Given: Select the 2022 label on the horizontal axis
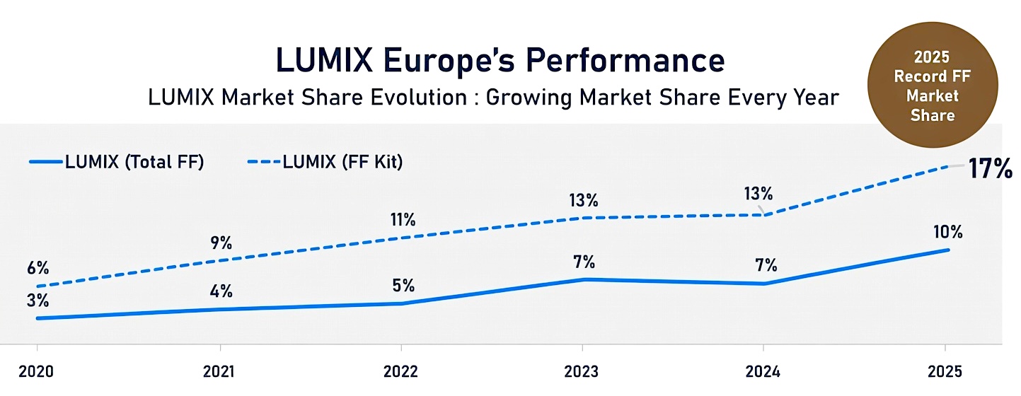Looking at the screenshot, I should click(x=401, y=372).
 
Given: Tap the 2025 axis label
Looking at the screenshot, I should click(x=945, y=372).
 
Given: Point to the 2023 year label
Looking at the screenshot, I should click(x=582, y=372).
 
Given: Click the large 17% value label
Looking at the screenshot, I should click(x=990, y=170).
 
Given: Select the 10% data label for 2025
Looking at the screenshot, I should click(x=947, y=233).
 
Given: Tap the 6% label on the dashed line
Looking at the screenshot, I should click(x=38, y=268).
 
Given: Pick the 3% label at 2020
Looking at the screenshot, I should click(x=38, y=300).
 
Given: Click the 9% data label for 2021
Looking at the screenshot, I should click(x=221, y=243).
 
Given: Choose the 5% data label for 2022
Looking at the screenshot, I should click(x=403, y=286).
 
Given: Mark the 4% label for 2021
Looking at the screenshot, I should click(x=221, y=291).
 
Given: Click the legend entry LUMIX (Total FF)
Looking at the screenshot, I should click(x=117, y=162).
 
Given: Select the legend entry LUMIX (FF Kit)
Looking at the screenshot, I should click(x=326, y=162).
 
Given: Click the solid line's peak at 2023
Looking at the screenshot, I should click(x=583, y=279).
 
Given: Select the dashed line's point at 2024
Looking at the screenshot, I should click(x=763, y=215).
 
